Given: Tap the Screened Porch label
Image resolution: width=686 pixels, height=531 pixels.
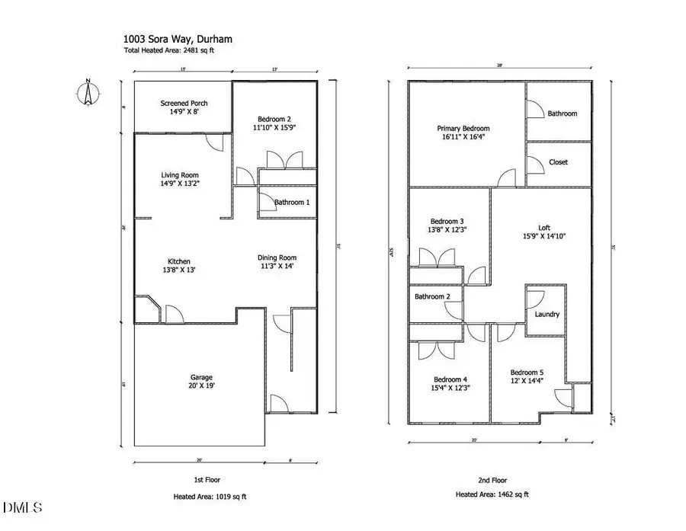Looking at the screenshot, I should click(184, 104).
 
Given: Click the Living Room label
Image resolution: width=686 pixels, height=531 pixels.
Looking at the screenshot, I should click(180, 174).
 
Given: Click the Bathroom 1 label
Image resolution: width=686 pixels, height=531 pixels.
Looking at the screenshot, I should click(292, 202).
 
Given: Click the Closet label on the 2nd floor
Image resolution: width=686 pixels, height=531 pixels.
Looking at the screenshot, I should click(558, 162).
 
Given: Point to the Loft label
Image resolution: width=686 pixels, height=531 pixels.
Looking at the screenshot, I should click(543, 226).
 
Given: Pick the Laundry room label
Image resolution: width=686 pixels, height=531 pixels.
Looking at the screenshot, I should click(547, 314).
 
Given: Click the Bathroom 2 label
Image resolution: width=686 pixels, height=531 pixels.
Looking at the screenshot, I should click(432, 296).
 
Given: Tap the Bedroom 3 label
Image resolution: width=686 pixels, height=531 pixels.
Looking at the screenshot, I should click(444, 219).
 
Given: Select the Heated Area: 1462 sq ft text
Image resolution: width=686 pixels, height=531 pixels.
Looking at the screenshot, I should click(492, 495).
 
